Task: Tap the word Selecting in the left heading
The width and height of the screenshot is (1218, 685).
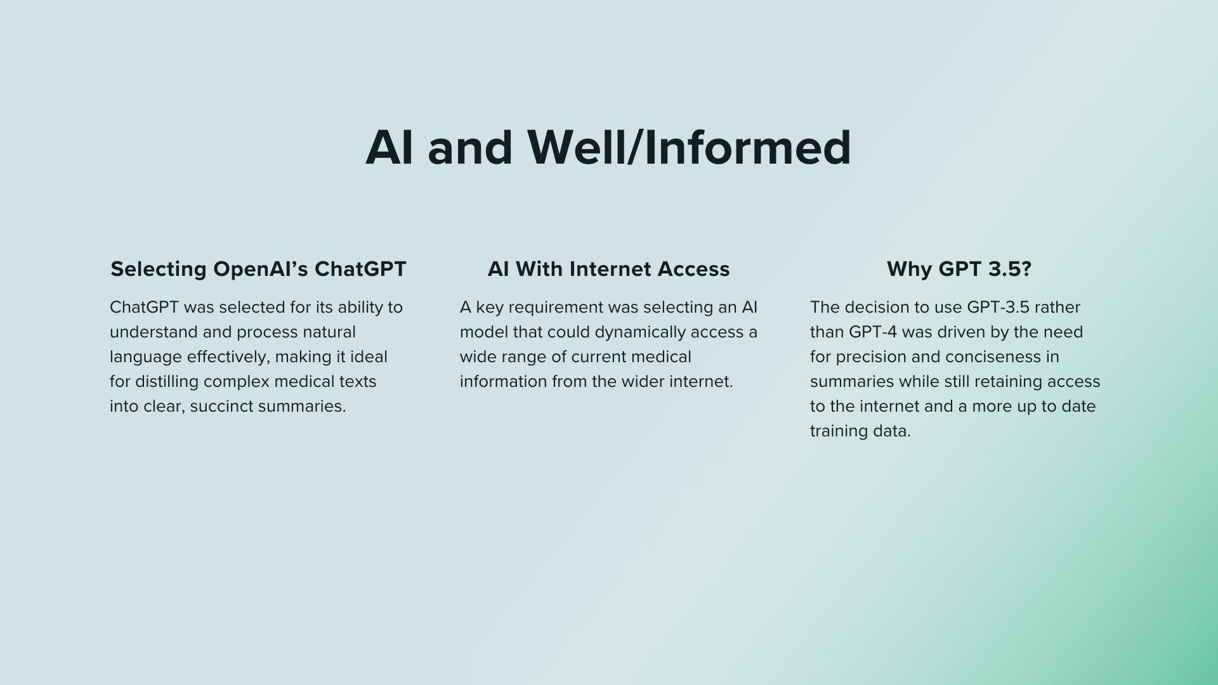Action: pyautogui.click(x=159, y=270)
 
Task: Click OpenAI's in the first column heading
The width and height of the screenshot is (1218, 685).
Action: pyautogui.click(x=261, y=269)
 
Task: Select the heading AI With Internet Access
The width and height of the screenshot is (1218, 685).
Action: pyautogui.click(x=608, y=269)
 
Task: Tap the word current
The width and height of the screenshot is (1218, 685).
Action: pyautogui.click(x=599, y=357)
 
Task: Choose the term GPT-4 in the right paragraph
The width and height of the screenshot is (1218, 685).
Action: pyautogui.click(x=872, y=332)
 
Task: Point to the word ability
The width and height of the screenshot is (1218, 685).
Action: pyautogui.click(x=357, y=308)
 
